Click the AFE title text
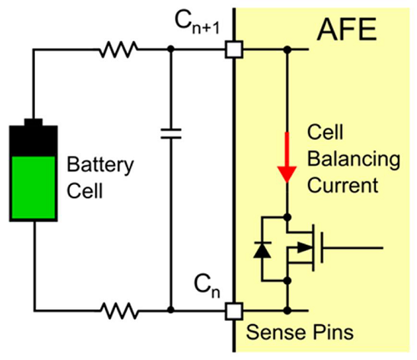347,29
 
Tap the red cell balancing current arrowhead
287,174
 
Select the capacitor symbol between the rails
171,133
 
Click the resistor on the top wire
118,49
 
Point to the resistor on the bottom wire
119,310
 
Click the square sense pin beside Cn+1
234,49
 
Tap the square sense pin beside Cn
234,311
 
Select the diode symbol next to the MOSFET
262,250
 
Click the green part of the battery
33,187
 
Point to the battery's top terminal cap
33,122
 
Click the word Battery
100,165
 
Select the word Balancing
354,159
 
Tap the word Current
343,185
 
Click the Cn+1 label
197,22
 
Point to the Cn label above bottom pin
207,286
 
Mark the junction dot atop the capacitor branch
171,49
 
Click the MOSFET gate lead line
353,247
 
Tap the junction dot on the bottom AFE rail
288,311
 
